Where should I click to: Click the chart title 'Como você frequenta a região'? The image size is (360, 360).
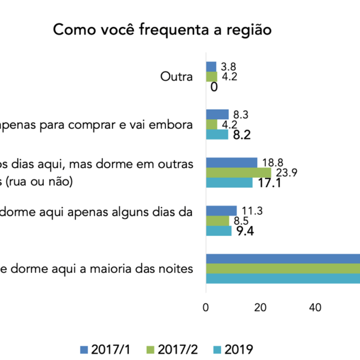[x=162, y=30]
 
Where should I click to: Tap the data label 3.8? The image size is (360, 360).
[x=227, y=66]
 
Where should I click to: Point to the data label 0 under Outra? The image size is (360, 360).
[x=214, y=87]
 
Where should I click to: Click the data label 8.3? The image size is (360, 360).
[x=240, y=115]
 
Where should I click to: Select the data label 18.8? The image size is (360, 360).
[x=271, y=163]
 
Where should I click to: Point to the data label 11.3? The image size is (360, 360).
[x=251, y=211]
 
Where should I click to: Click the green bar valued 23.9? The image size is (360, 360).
[x=238, y=172]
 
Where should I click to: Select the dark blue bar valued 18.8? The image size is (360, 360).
[x=232, y=162]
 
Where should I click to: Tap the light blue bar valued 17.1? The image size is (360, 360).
[x=229, y=182]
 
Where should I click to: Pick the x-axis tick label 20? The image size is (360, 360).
[x=260, y=307]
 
